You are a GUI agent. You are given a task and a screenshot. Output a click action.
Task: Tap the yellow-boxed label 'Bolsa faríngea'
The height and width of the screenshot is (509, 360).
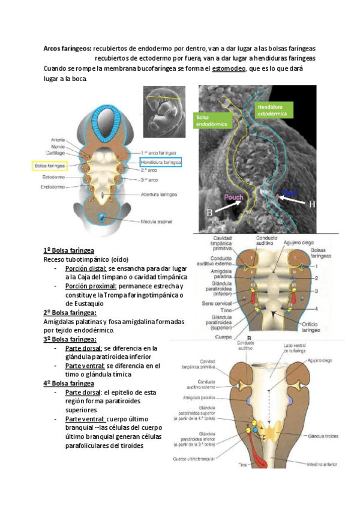pos(50,165)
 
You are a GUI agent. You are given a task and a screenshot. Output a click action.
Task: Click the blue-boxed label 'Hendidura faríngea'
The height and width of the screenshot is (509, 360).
pos(160,162)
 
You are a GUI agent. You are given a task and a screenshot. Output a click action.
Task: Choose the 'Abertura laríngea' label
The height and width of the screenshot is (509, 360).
pos(158,194)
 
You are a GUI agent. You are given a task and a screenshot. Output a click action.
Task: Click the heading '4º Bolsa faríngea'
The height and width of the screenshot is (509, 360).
pos(68,382)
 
